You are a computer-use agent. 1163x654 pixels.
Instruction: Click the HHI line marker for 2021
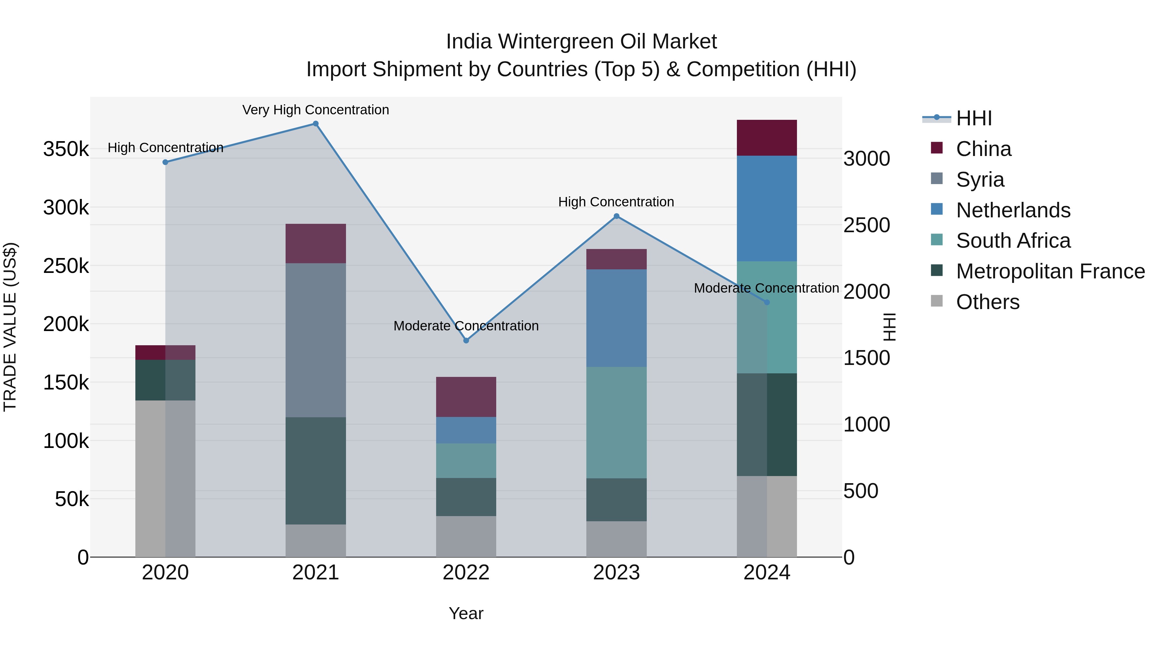pos(316,124)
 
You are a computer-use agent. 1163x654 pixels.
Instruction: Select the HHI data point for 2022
pos(466,341)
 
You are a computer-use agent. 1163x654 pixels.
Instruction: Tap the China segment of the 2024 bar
pos(767,138)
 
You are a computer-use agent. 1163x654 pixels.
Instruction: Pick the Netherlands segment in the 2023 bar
pos(616,318)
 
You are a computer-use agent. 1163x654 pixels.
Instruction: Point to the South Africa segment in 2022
pos(466,460)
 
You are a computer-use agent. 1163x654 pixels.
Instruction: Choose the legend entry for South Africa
pos(1013,241)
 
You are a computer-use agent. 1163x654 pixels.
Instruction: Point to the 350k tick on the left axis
pos(66,149)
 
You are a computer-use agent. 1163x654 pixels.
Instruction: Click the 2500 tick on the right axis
pos(866,225)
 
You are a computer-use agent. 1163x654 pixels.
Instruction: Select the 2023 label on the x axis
pos(616,573)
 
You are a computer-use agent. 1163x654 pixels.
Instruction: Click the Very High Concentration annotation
pos(316,110)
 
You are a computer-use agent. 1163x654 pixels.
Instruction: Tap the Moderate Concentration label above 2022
pos(466,326)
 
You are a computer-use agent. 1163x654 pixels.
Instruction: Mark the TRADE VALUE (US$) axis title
pos(10,327)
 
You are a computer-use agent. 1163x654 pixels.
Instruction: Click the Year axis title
pos(466,613)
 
